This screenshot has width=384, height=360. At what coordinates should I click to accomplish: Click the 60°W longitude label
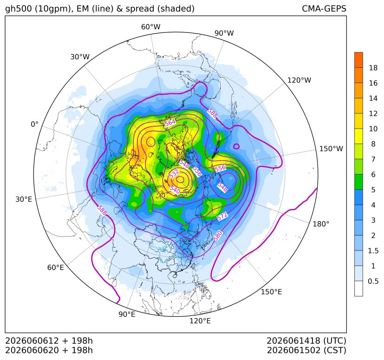click(x=150, y=27)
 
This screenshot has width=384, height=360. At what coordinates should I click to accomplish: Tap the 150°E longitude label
click(x=271, y=292)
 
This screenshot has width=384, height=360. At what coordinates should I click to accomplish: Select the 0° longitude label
click(x=34, y=124)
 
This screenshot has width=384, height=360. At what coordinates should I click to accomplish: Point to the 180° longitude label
click(x=321, y=224)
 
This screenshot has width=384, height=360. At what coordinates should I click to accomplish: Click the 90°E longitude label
click(x=127, y=314)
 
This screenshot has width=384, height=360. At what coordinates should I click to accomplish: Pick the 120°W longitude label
click(x=299, y=80)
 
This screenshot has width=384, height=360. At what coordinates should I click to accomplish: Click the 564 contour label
click(x=170, y=122)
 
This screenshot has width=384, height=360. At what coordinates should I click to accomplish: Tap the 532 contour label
click(x=174, y=174)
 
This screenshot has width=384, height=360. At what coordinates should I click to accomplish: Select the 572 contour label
click(x=222, y=216)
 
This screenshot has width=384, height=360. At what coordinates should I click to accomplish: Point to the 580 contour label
click(x=217, y=236)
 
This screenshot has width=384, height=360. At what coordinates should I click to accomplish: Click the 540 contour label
click(x=175, y=190)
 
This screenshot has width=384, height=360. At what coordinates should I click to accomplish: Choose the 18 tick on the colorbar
click(x=373, y=68)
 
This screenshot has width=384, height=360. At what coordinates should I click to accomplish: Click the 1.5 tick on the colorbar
click(x=373, y=251)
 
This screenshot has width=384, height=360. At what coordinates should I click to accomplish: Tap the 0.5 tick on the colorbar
click(x=373, y=281)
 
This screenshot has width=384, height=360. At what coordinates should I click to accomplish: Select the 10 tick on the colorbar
click(x=373, y=129)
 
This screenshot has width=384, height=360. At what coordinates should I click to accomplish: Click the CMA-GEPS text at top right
click(x=324, y=8)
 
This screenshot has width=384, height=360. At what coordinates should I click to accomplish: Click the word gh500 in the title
click(x=19, y=9)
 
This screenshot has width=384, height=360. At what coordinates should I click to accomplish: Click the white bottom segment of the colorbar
click(x=358, y=289)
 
